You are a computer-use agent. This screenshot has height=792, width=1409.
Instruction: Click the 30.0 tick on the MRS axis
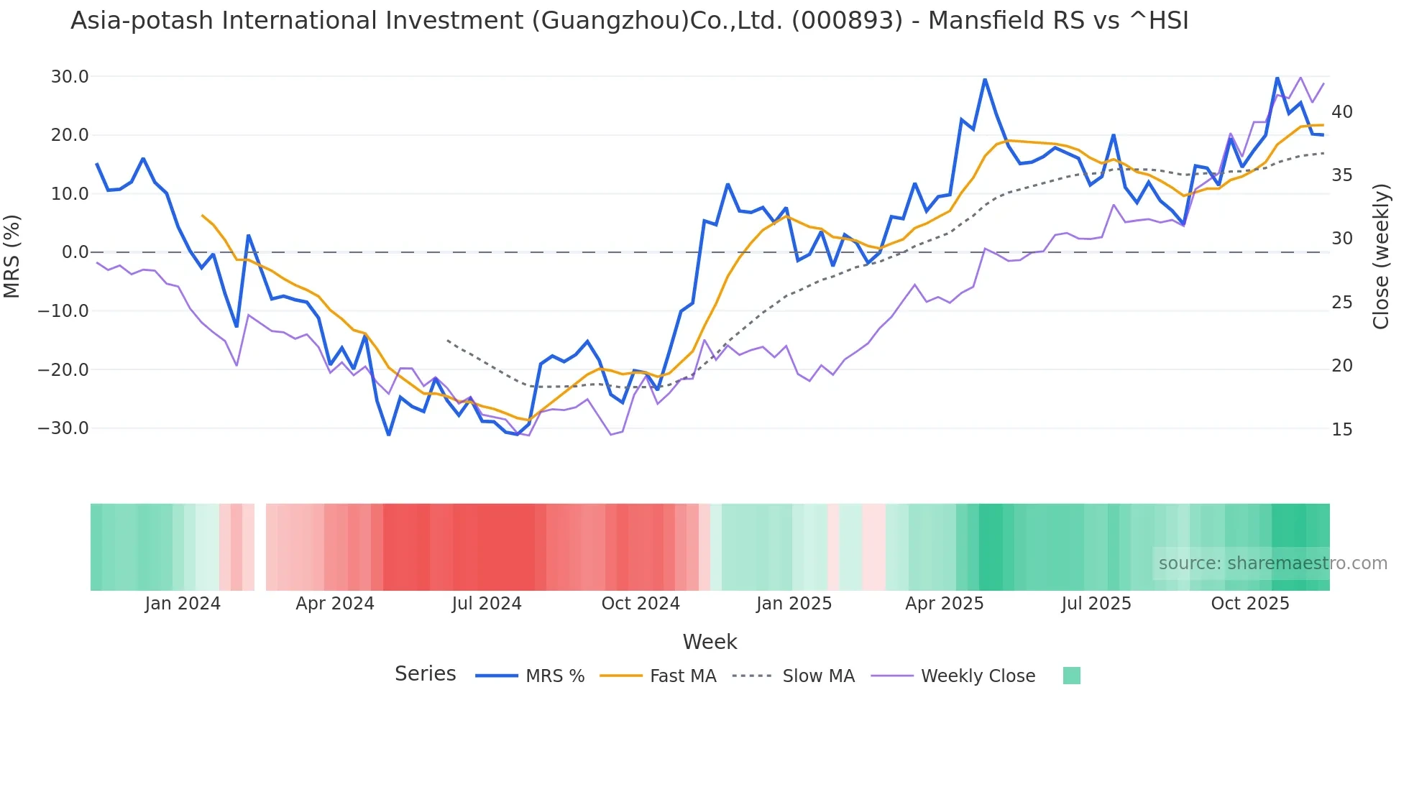(x=69, y=77)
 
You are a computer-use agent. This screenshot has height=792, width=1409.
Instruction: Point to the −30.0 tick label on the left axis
(x=63, y=428)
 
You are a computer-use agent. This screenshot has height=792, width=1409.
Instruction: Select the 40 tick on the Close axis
(x=1341, y=112)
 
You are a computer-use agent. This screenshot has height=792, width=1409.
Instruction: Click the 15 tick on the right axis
(x=1341, y=430)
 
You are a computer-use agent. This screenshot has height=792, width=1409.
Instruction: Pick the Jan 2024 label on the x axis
(x=183, y=604)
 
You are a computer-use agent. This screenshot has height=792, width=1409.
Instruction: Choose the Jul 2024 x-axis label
(x=487, y=604)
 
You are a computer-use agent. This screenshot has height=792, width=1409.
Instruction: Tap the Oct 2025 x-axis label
(x=1250, y=604)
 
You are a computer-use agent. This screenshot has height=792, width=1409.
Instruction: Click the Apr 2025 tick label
(x=944, y=604)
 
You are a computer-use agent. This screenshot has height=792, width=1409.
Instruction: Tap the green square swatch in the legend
(x=1071, y=676)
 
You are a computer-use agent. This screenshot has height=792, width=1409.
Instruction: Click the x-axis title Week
(x=710, y=642)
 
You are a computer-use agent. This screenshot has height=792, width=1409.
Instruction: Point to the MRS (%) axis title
(x=12, y=256)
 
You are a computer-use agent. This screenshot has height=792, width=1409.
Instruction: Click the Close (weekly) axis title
(x=1381, y=256)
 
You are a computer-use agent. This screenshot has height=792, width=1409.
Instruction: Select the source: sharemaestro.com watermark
(x=1272, y=563)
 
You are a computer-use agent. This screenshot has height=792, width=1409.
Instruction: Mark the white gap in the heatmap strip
(x=260, y=547)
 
